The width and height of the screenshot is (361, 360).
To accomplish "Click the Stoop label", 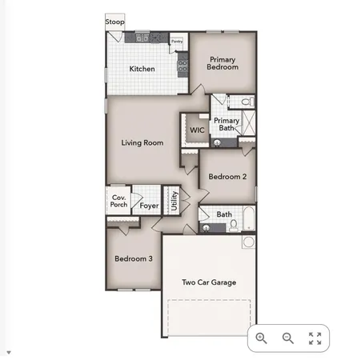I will (114, 22).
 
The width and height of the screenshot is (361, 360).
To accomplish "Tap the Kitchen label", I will (142, 69).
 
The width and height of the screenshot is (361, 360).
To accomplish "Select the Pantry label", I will (176, 41).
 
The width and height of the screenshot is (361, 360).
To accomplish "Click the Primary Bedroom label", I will (223, 63).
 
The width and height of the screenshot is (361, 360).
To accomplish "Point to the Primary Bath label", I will (227, 124).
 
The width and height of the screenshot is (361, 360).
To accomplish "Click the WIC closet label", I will (197, 130).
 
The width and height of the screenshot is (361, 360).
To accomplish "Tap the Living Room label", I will (142, 143).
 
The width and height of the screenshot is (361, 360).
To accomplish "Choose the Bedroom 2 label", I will (227, 177).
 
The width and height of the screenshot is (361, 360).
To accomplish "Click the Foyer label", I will (149, 206).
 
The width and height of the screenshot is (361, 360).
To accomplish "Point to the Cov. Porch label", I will (119, 201).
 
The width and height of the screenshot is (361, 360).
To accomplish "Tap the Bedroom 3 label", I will (134, 258).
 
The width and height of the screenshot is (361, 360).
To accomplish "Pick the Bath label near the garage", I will (224, 214).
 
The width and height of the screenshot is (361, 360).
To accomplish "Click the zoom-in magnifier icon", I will (261, 338).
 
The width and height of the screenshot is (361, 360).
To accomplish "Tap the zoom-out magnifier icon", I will (288, 338).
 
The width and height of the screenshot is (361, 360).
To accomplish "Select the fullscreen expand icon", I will (315, 338).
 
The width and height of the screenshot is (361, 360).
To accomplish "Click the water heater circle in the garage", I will (248, 242).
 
